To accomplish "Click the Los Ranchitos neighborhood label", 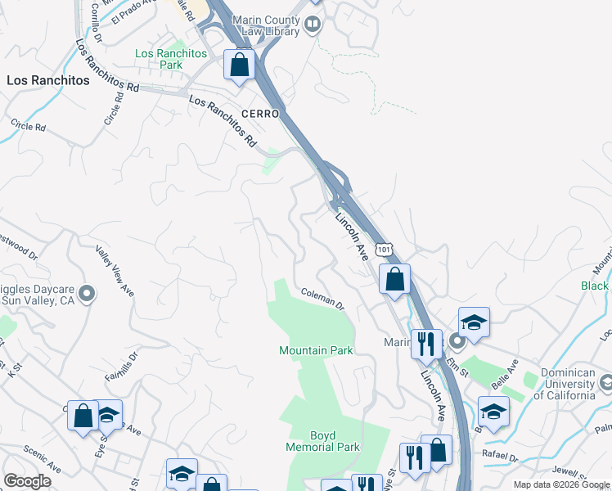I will (x=47, y=80).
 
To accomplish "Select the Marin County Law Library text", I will (x=267, y=25).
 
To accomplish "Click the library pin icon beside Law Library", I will (x=312, y=25).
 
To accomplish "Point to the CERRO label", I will (x=260, y=113).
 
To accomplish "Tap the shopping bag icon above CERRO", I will (x=240, y=65).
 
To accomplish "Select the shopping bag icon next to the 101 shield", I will (x=394, y=279).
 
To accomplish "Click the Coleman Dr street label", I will (x=322, y=298).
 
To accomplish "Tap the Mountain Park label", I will (x=316, y=350).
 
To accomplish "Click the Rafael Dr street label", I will (x=501, y=457).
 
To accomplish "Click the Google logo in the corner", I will (x=27, y=481).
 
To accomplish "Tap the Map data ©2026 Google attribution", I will (x=561, y=484).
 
